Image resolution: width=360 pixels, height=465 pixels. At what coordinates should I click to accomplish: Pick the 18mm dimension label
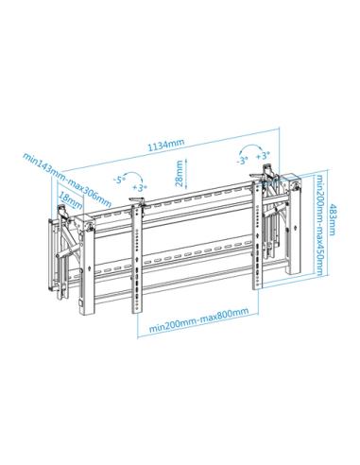(68, 201)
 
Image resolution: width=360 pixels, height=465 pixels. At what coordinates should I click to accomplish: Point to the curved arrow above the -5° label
(133, 171)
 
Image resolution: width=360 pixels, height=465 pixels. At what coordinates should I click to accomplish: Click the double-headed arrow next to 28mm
(189, 174)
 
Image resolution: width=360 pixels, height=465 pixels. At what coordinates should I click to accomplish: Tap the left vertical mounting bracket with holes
(137, 255)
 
